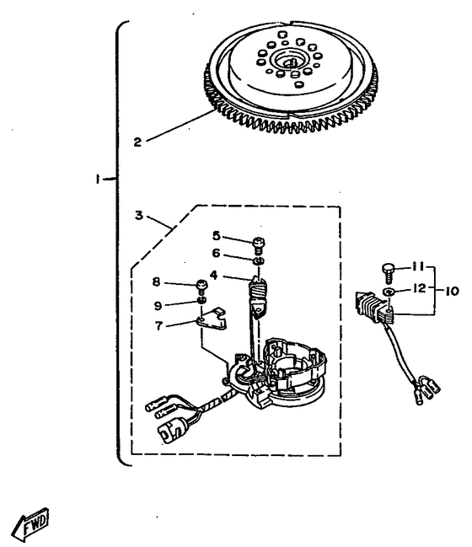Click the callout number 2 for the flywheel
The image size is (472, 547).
[x=137, y=142]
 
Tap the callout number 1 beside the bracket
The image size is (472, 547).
[x=99, y=180]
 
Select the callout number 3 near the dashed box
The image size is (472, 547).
[x=139, y=215]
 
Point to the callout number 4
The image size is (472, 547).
[x=214, y=276]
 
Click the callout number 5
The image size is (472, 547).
[x=217, y=236]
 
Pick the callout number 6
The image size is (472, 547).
[x=217, y=253]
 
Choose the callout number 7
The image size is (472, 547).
[x=158, y=326]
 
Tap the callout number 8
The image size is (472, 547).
[x=156, y=282]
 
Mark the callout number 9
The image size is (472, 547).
[x=158, y=306]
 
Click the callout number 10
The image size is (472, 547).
[x=452, y=291]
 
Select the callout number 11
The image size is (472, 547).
[x=418, y=267]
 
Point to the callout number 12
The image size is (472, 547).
[x=420, y=288]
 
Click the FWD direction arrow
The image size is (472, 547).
[x=30, y=524]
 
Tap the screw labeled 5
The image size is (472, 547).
[x=259, y=245]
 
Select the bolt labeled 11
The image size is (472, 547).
[x=389, y=274]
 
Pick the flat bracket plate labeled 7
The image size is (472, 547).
[x=212, y=319]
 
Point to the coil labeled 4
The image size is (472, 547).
[x=258, y=298]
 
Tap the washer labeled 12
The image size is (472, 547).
[x=389, y=292]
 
